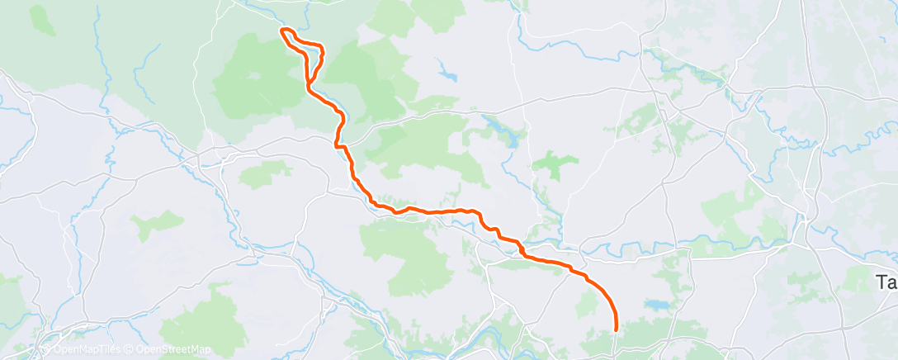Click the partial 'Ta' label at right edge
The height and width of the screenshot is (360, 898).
coord(886,282)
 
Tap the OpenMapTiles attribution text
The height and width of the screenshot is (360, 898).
coord(87,350)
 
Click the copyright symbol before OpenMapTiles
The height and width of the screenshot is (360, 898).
coord(48,350)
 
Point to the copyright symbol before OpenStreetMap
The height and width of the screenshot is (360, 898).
coord(130,350)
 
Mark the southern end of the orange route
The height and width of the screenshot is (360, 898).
coord(617,329)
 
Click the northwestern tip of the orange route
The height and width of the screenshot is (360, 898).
coord(283,31)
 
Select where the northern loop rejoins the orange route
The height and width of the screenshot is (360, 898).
coord(309,80)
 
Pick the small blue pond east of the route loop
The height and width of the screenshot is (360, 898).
coord(448,76)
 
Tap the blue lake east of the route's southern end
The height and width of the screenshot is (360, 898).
coord(658,306)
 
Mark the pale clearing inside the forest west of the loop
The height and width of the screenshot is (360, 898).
coord(253,76)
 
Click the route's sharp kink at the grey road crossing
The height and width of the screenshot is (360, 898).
coord(338,144)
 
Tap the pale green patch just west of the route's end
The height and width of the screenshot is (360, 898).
coord(588,306)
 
